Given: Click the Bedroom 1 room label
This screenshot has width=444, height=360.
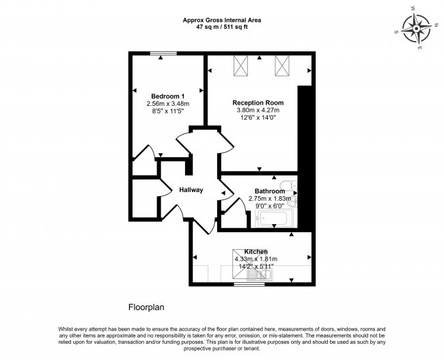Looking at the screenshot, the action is [167, 96].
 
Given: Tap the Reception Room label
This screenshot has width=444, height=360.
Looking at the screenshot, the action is [258, 102].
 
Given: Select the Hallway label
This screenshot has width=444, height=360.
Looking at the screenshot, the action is [191, 190].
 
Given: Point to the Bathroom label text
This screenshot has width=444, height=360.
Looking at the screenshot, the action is [270, 191].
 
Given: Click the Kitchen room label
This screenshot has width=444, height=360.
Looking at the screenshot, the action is [256, 251].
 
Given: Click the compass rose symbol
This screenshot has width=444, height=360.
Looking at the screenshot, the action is [417, 29].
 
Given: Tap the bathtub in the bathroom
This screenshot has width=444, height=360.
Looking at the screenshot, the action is [274, 219].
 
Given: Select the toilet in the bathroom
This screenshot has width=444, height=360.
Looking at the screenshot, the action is [288, 186].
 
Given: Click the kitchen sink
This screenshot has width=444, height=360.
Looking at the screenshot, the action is [260, 274].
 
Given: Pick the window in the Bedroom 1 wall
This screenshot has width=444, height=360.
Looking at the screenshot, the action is [163, 53].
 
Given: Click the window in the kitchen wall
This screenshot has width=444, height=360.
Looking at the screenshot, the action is [249, 284].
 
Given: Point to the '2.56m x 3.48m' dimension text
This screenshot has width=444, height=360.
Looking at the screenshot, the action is [168, 104].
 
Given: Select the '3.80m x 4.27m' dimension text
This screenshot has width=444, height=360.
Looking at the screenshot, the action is [258, 110].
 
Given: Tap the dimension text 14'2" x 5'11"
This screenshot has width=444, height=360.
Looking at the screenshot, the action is [256, 266].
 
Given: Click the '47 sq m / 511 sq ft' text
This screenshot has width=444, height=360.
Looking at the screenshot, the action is [222, 27].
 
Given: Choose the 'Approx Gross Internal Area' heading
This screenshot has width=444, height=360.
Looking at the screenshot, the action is [222, 20].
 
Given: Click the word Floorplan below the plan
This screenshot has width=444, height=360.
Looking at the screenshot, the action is [146, 307].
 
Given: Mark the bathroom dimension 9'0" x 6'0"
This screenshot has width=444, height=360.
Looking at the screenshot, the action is [270, 206].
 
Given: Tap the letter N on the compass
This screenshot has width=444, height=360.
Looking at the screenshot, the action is [436, 25].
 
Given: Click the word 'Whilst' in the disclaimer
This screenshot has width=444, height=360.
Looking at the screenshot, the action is [66, 329].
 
